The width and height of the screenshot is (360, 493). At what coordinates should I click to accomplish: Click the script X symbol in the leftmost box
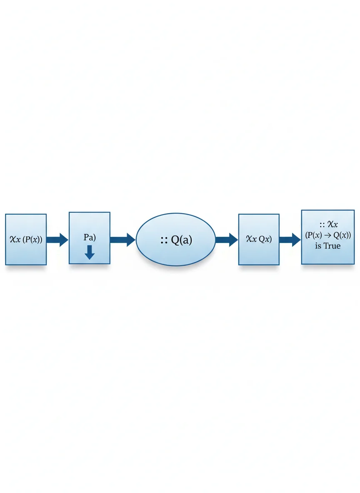(x=13, y=239)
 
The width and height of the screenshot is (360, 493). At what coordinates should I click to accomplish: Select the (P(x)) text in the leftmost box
(x=32, y=239)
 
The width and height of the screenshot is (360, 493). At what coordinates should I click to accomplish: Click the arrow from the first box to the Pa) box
(x=57, y=240)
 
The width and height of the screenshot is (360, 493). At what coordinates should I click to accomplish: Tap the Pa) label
(x=90, y=237)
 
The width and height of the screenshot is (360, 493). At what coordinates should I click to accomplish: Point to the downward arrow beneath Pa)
(x=90, y=252)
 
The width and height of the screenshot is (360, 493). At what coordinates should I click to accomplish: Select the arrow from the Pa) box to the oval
(x=123, y=240)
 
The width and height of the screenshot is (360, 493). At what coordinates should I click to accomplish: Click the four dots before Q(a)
(x=164, y=240)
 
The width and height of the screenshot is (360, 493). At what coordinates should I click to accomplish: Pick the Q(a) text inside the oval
(x=181, y=240)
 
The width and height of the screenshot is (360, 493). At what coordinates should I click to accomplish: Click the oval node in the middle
(x=175, y=239)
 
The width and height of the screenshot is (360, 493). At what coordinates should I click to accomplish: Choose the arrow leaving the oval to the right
(x=227, y=240)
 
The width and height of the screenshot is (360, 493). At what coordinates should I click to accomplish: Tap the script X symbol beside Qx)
(x=249, y=239)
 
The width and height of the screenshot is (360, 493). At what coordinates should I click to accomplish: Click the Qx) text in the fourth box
(x=265, y=239)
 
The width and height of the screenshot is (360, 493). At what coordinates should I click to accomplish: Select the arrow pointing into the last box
(x=290, y=240)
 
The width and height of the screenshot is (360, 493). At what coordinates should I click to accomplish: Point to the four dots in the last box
(x=322, y=225)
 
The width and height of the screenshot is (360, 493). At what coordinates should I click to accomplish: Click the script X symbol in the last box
(x=331, y=224)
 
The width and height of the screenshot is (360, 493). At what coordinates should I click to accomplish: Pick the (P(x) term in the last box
(x=313, y=235)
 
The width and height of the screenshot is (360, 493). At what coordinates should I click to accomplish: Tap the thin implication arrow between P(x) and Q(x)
(x=327, y=236)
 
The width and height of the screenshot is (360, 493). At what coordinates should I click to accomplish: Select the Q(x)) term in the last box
(x=342, y=235)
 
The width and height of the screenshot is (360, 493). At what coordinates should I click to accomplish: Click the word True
(x=332, y=246)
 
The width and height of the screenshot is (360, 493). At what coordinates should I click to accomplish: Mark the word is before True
(x=318, y=246)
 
